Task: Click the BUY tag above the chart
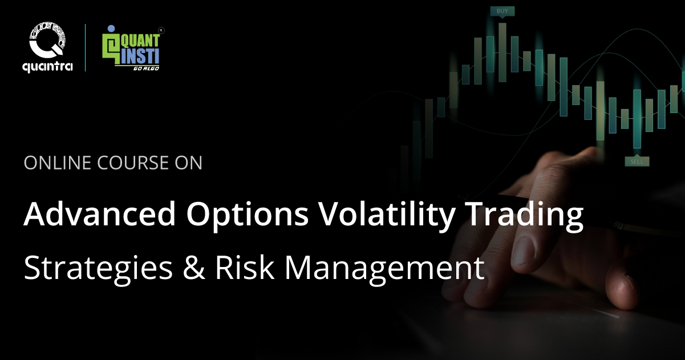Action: tap(502, 11)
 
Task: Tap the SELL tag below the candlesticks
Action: tap(637, 161)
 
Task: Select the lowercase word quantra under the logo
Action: tap(47, 67)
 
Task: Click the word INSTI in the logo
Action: tap(141, 55)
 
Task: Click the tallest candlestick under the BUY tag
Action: tap(502, 52)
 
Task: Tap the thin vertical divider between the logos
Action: tap(86, 47)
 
